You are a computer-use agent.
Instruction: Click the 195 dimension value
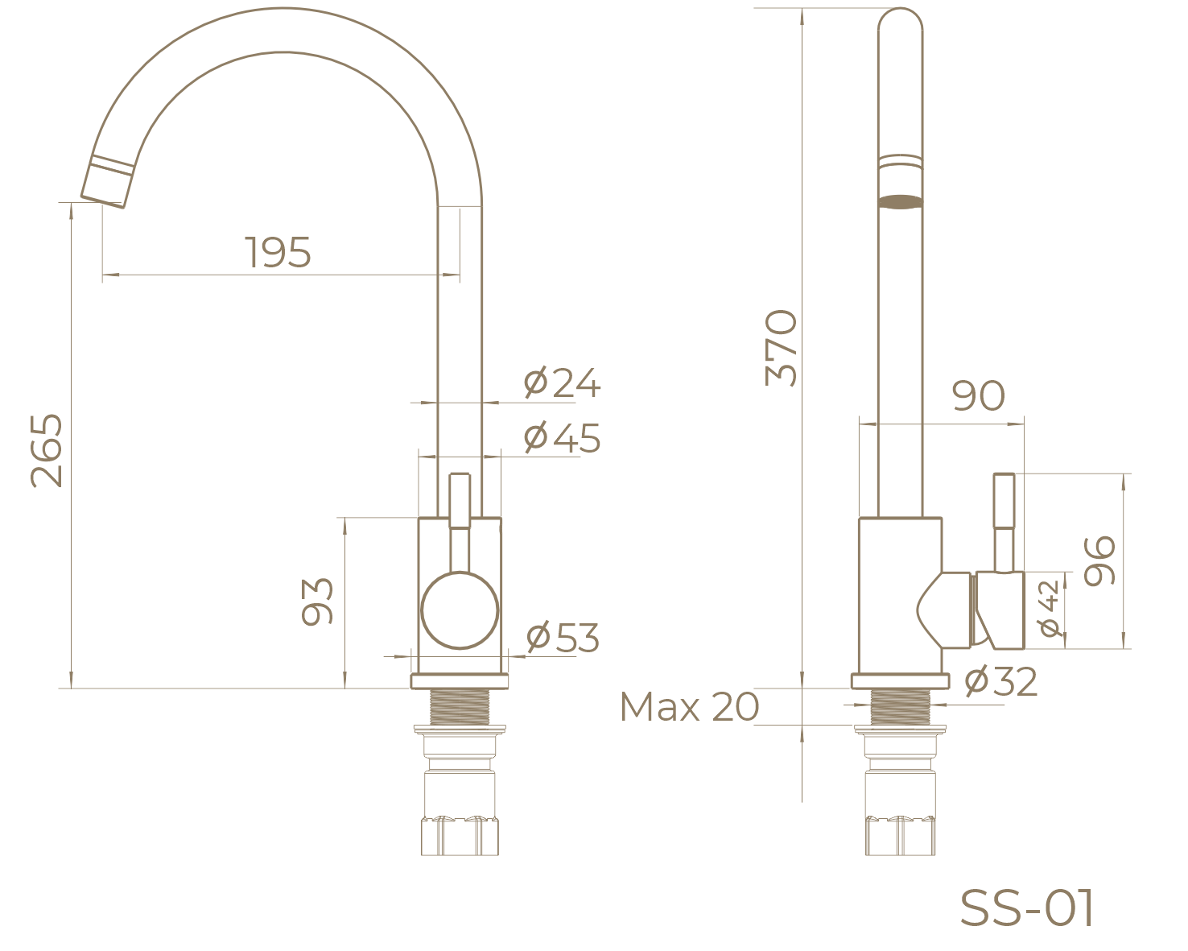[278, 252]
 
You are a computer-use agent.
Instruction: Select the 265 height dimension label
[47, 450]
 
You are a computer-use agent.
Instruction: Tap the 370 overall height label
[781, 347]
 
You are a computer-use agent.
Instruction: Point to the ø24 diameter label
[562, 382]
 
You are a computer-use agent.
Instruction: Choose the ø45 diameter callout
[562, 437]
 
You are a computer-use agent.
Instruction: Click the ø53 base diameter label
[563, 637]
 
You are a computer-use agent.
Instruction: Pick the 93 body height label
[317, 602]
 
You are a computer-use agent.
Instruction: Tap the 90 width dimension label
[978, 395]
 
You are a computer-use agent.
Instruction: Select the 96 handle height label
[1099, 560]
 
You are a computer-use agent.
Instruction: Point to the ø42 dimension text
[1049, 608]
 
